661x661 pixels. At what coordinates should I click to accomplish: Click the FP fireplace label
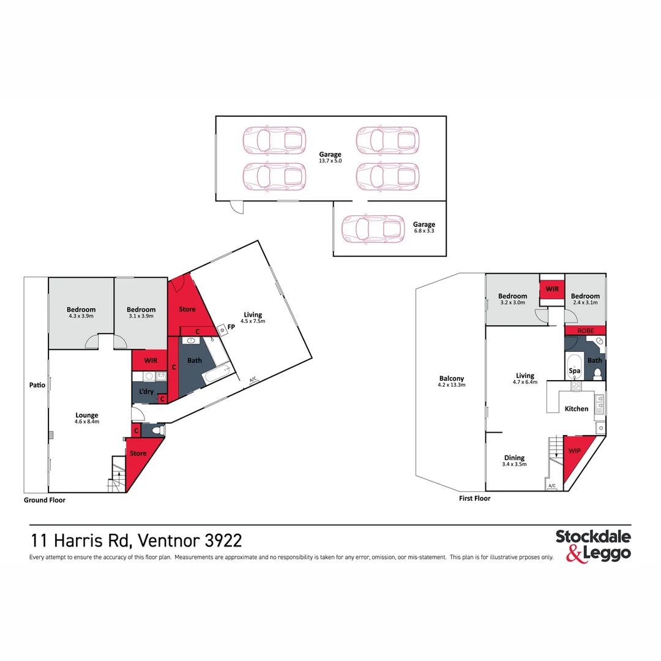pyautogui.click(x=231, y=327)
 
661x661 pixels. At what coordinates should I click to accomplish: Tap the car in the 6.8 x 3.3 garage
pyautogui.click(x=373, y=229)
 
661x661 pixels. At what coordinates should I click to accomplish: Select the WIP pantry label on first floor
pyautogui.click(x=575, y=450)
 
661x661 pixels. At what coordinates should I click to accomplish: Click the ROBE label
pyautogui.click(x=586, y=331)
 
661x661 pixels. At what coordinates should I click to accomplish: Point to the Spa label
pyautogui.click(x=574, y=370)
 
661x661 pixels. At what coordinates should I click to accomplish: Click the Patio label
pyautogui.click(x=37, y=385)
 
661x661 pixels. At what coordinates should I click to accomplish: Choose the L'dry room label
pyautogui.click(x=146, y=391)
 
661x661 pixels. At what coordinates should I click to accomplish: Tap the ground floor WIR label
pyautogui.click(x=151, y=360)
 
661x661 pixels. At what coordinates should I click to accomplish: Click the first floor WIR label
pyautogui.click(x=552, y=289)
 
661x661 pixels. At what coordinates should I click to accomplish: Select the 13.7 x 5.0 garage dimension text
pyautogui.click(x=330, y=161)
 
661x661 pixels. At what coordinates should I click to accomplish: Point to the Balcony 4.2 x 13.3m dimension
pyautogui.click(x=452, y=385)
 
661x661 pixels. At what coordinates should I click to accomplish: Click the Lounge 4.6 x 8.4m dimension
pyautogui.click(x=87, y=422)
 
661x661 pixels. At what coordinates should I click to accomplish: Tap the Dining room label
pyautogui.click(x=514, y=458)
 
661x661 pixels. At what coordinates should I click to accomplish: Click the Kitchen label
pyautogui.click(x=577, y=408)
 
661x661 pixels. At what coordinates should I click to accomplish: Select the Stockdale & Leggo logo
pyautogui.click(x=593, y=546)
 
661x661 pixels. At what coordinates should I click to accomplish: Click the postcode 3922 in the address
pyautogui.click(x=223, y=540)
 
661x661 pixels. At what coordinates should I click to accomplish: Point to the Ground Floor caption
pyautogui.click(x=45, y=500)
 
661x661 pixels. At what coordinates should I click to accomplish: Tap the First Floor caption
pyautogui.click(x=475, y=498)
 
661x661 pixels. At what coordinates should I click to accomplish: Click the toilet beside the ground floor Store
pyautogui.click(x=157, y=430)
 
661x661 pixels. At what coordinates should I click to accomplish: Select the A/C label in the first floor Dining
pyautogui.click(x=552, y=485)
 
